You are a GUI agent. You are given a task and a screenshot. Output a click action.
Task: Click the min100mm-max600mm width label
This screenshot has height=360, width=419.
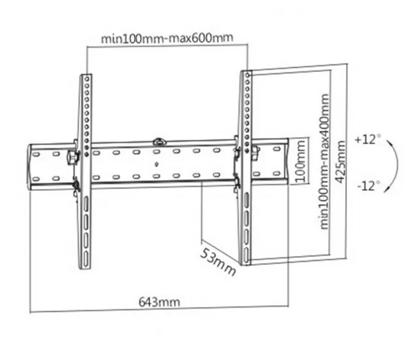pos(167,38)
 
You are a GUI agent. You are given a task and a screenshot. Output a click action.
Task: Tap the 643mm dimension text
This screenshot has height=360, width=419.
pos(160,302)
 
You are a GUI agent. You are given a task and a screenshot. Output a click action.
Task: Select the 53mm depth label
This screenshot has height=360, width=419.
pos(218,262)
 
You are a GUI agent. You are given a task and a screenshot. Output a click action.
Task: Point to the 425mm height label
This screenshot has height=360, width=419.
pos(340,162)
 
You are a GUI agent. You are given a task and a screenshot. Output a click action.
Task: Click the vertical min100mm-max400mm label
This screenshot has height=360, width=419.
pos(325,162)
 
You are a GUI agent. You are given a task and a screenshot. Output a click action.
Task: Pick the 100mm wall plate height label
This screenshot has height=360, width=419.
pos(301,161)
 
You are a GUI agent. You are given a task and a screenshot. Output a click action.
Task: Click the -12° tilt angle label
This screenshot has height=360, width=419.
pos(369,185)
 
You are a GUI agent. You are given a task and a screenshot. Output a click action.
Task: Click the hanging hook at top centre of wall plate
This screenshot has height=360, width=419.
pos(159,141)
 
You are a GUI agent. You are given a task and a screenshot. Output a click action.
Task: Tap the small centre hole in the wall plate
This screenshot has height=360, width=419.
pos(157,164)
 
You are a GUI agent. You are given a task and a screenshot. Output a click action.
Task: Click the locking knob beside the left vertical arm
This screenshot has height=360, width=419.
pos(72,158)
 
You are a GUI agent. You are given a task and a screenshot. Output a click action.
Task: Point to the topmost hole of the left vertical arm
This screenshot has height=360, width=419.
pos(87,79)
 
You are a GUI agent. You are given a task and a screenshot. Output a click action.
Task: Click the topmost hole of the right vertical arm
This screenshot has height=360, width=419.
pos(247,75)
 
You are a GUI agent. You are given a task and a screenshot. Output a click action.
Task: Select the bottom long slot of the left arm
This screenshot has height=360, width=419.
pos(86,259)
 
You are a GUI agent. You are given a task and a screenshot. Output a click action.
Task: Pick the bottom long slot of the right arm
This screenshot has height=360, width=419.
pos(246,255)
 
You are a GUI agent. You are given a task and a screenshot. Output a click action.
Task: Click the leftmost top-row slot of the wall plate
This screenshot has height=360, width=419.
pos(36,154)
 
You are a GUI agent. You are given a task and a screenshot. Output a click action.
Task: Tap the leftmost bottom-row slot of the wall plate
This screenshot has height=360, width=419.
pos(36,179)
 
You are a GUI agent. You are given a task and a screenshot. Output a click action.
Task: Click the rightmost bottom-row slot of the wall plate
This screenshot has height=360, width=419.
pos(277,173)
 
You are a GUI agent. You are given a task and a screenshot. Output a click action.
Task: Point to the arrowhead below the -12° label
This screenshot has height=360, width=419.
pos(386,190)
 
